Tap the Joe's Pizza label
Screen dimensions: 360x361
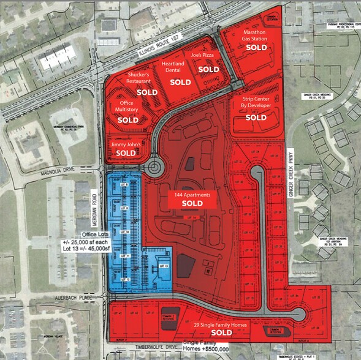201,56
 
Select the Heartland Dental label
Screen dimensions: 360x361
172,67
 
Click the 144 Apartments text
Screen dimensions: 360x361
192,194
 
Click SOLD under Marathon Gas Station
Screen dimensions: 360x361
257,47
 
